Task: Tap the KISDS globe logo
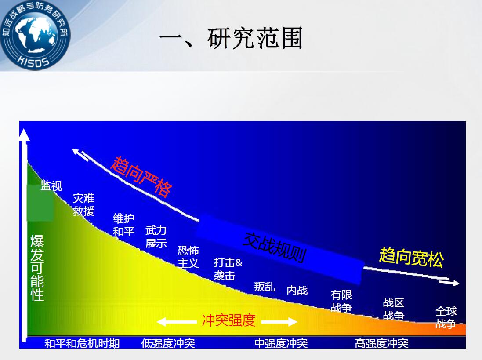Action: pos(35,35)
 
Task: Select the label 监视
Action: pos(51,185)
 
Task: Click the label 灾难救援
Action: pos(83,204)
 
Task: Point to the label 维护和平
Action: pos(123,225)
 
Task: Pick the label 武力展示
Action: pos(156,237)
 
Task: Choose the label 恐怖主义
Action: pos(188,257)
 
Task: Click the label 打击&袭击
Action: pos(228,269)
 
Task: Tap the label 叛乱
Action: pos(265,287)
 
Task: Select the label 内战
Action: pos(297,290)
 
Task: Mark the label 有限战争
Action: pos(341,301)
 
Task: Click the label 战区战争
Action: pos(394,309)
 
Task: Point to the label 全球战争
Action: pos(446,317)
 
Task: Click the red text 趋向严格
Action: pos(141,176)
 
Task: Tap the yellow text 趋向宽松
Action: pos(412,257)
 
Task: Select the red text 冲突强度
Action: pos(229,320)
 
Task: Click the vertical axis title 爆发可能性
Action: pos(37,268)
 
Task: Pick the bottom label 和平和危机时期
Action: pos(82,343)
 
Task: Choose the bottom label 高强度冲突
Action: pos(381,343)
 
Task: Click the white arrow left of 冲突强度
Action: pos(177,322)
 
